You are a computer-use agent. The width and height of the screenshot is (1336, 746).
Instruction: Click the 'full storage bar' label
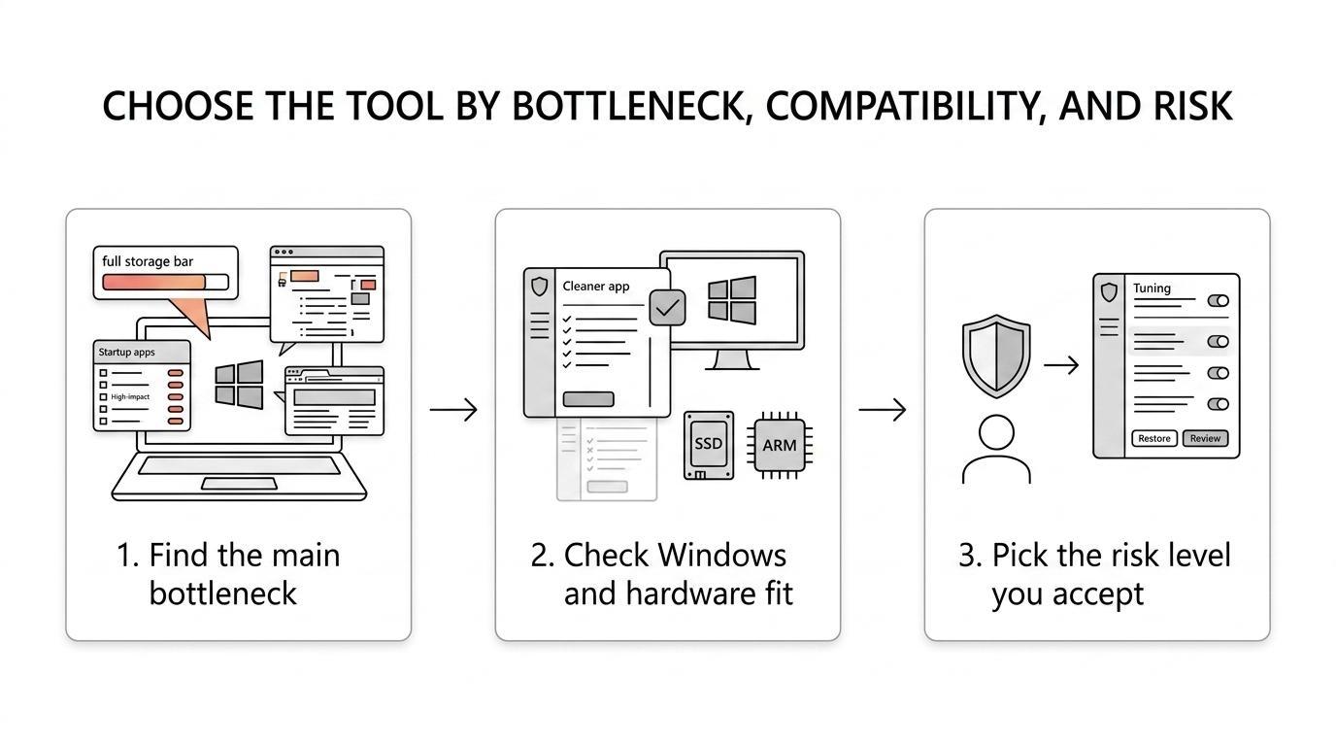click(148, 261)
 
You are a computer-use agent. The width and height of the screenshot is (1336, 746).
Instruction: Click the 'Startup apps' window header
click(142, 352)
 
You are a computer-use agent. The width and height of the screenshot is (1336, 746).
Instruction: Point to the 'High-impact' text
click(130, 397)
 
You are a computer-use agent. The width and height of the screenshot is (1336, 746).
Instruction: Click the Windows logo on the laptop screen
click(239, 385)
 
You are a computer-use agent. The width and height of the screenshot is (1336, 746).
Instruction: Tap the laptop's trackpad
click(239, 484)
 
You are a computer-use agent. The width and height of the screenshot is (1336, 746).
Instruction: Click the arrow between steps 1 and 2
click(453, 409)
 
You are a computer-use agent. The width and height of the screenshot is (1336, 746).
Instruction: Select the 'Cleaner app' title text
click(596, 287)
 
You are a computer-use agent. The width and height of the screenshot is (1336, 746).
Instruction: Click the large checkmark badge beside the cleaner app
click(667, 308)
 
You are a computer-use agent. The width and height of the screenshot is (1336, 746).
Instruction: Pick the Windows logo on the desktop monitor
click(732, 300)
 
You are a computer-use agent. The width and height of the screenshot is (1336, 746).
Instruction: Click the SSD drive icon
click(709, 445)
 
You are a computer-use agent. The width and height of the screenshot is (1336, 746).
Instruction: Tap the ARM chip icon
click(779, 445)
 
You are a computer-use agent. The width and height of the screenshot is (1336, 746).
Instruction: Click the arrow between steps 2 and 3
click(883, 409)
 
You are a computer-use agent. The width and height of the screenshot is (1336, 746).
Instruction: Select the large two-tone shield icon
click(996, 356)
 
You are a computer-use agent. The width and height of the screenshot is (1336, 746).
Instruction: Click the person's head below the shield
click(996, 431)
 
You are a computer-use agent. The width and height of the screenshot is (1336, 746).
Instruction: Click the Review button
click(1205, 439)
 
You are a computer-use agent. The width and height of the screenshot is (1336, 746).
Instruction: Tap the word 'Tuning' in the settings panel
click(1152, 288)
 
